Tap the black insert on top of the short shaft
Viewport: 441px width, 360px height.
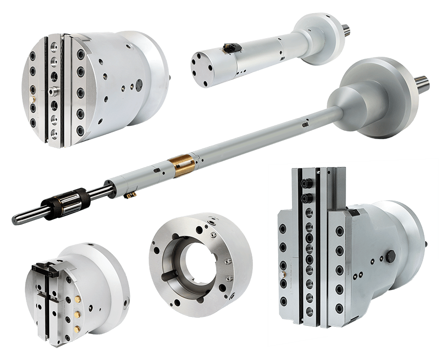pyautogui.click(x=229, y=48)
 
